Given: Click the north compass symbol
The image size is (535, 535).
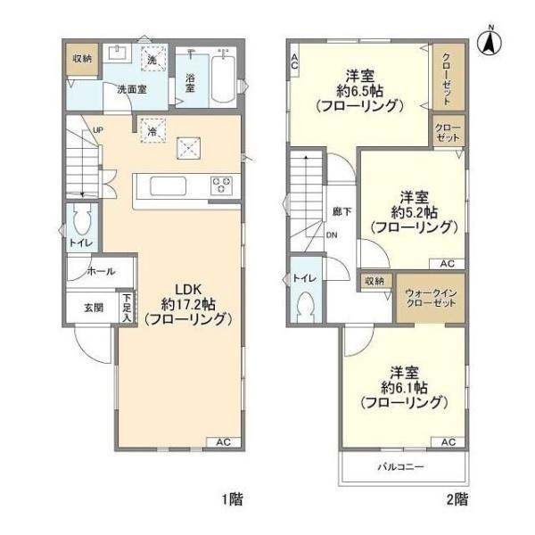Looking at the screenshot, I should [490, 40].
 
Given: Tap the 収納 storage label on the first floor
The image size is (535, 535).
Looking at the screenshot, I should [81, 59].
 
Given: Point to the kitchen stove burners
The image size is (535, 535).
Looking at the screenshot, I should [221, 186].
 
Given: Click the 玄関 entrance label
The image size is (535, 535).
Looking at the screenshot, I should [94, 307].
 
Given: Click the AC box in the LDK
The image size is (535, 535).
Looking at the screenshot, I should [224, 442].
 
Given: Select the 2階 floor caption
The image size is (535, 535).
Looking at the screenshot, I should [458, 498].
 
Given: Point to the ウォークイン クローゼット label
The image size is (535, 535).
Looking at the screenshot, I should [430, 298].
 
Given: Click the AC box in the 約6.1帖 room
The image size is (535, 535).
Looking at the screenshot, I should [448, 442].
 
